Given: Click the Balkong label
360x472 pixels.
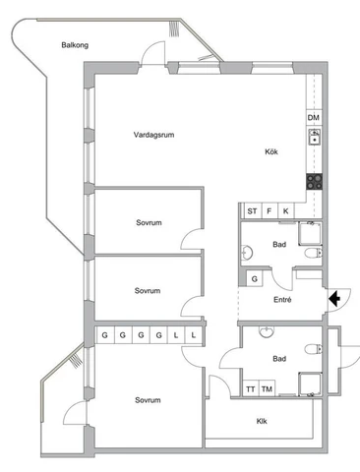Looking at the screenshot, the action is pos(75,45).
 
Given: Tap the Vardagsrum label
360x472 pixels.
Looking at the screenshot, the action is pos(153,135).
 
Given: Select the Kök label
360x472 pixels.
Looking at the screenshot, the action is pos(271,151).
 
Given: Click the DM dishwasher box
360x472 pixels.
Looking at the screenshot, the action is pos(314,117).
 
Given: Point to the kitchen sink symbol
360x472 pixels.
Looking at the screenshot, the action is pos(315,137).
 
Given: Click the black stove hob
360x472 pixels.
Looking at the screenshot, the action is pos(314,182).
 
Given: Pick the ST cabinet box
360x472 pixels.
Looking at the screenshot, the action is pos(252,211).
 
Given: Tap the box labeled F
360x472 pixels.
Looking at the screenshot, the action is pos(270,211).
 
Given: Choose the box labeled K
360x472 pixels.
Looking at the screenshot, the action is pos(286,211).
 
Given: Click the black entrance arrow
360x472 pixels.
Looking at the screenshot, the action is pos(334,299).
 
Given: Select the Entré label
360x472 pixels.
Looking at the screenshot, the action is pos(282,300).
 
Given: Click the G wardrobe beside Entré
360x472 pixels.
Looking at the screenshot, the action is pos(255,279).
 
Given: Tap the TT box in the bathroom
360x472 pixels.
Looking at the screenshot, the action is pos(251,389).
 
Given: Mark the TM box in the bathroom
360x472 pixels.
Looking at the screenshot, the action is pos(267,389).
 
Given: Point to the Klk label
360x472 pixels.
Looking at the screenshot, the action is pos(262,421).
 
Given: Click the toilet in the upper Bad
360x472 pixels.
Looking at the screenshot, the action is pos(314,253).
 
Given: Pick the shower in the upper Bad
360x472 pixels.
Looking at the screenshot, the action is pos(310,233).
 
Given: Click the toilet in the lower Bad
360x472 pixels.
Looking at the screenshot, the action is pos(314,349).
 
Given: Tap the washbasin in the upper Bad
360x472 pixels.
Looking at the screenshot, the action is pos(247,253).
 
